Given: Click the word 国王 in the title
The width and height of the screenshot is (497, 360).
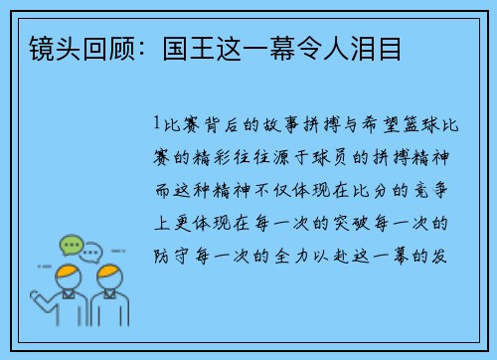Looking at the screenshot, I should point(182,47).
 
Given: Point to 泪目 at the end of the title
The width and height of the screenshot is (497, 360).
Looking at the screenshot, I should point(383,47).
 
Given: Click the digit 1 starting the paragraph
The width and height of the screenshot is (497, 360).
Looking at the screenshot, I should point(157,125).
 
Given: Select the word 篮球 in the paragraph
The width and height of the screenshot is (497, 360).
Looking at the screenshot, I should point(425,125).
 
